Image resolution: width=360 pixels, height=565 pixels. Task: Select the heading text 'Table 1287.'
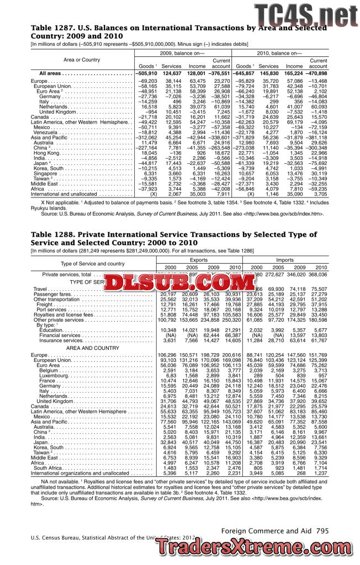point(51,28)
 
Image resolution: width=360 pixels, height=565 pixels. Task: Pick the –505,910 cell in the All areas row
point(146,73)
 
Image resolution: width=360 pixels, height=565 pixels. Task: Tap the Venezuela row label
point(46,132)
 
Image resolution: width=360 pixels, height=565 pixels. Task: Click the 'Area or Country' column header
point(82,60)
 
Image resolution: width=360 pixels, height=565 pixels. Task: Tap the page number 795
point(323,531)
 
